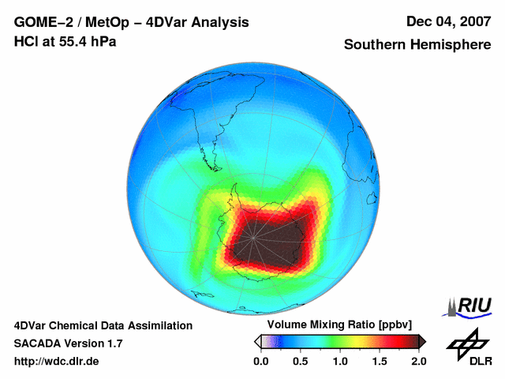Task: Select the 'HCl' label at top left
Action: click(25, 40)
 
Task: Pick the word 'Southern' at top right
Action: click(374, 45)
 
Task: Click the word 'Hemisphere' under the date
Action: click(448, 45)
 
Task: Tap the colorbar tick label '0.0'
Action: click(261, 362)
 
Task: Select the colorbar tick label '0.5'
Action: click(301, 362)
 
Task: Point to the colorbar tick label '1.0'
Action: click(340, 362)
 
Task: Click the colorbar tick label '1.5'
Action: click(380, 362)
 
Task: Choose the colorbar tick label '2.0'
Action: click(418, 362)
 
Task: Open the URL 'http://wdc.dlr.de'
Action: click(56, 362)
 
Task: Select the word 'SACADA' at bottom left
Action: click(39, 343)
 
